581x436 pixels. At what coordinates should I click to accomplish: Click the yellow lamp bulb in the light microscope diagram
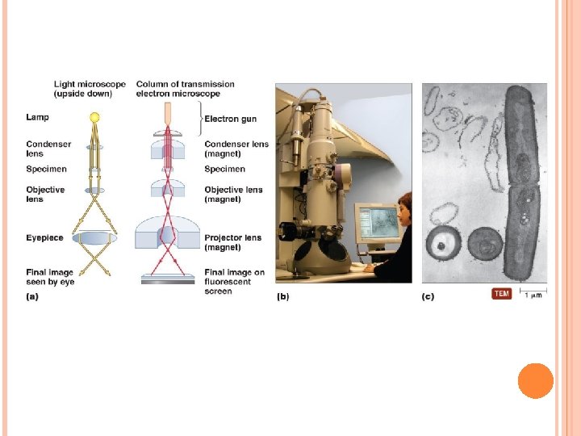pyautogui.click(x=94, y=118)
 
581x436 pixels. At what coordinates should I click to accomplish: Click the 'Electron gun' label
pyautogui.click(x=230, y=119)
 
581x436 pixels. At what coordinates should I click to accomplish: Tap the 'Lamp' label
pyautogui.click(x=37, y=118)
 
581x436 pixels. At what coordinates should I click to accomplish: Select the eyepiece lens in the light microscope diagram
pyautogui.click(x=94, y=238)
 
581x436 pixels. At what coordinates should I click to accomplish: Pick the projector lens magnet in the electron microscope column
pyautogui.click(x=167, y=233)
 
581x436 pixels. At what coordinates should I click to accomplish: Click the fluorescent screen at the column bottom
pyautogui.click(x=167, y=280)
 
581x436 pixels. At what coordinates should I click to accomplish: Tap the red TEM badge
pyautogui.click(x=501, y=294)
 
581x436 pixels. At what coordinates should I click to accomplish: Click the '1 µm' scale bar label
pyautogui.click(x=533, y=296)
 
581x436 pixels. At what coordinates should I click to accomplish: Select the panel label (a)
pyautogui.click(x=32, y=297)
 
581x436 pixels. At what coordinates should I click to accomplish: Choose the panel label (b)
pyautogui.click(x=283, y=297)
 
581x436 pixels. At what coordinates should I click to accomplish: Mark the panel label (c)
pyautogui.click(x=428, y=297)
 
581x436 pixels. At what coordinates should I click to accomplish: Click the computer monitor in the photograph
pyautogui.click(x=378, y=221)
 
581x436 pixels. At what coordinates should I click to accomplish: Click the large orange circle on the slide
pyautogui.click(x=535, y=380)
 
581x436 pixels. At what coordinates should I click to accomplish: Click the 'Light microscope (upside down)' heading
pyautogui.click(x=90, y=89)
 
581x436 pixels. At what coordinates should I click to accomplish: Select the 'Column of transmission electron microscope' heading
pyautogui.click(x=186, y=89)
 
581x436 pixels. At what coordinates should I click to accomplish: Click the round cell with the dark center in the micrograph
pyautogui.click(x=443, y=243)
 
